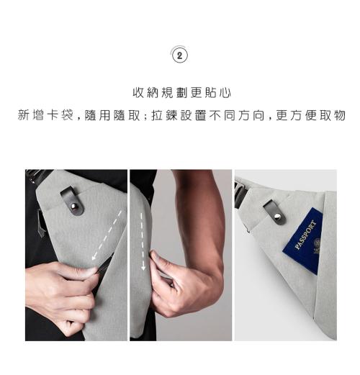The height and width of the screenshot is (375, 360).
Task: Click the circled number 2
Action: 180,56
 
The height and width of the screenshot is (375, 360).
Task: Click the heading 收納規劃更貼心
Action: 181,93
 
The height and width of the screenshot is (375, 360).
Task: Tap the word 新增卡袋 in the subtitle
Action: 45,115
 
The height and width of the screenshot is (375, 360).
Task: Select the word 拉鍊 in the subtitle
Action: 165,115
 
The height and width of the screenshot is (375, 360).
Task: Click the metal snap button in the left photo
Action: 75,207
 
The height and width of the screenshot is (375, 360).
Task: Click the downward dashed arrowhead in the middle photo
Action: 143,267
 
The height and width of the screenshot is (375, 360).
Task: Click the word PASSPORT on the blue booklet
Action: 305,235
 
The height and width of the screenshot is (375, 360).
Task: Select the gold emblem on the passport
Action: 317,245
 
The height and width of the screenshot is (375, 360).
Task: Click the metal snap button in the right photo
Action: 277,217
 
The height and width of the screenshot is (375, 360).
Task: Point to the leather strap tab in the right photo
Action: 275,212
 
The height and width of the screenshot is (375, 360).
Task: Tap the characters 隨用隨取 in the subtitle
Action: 112,115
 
